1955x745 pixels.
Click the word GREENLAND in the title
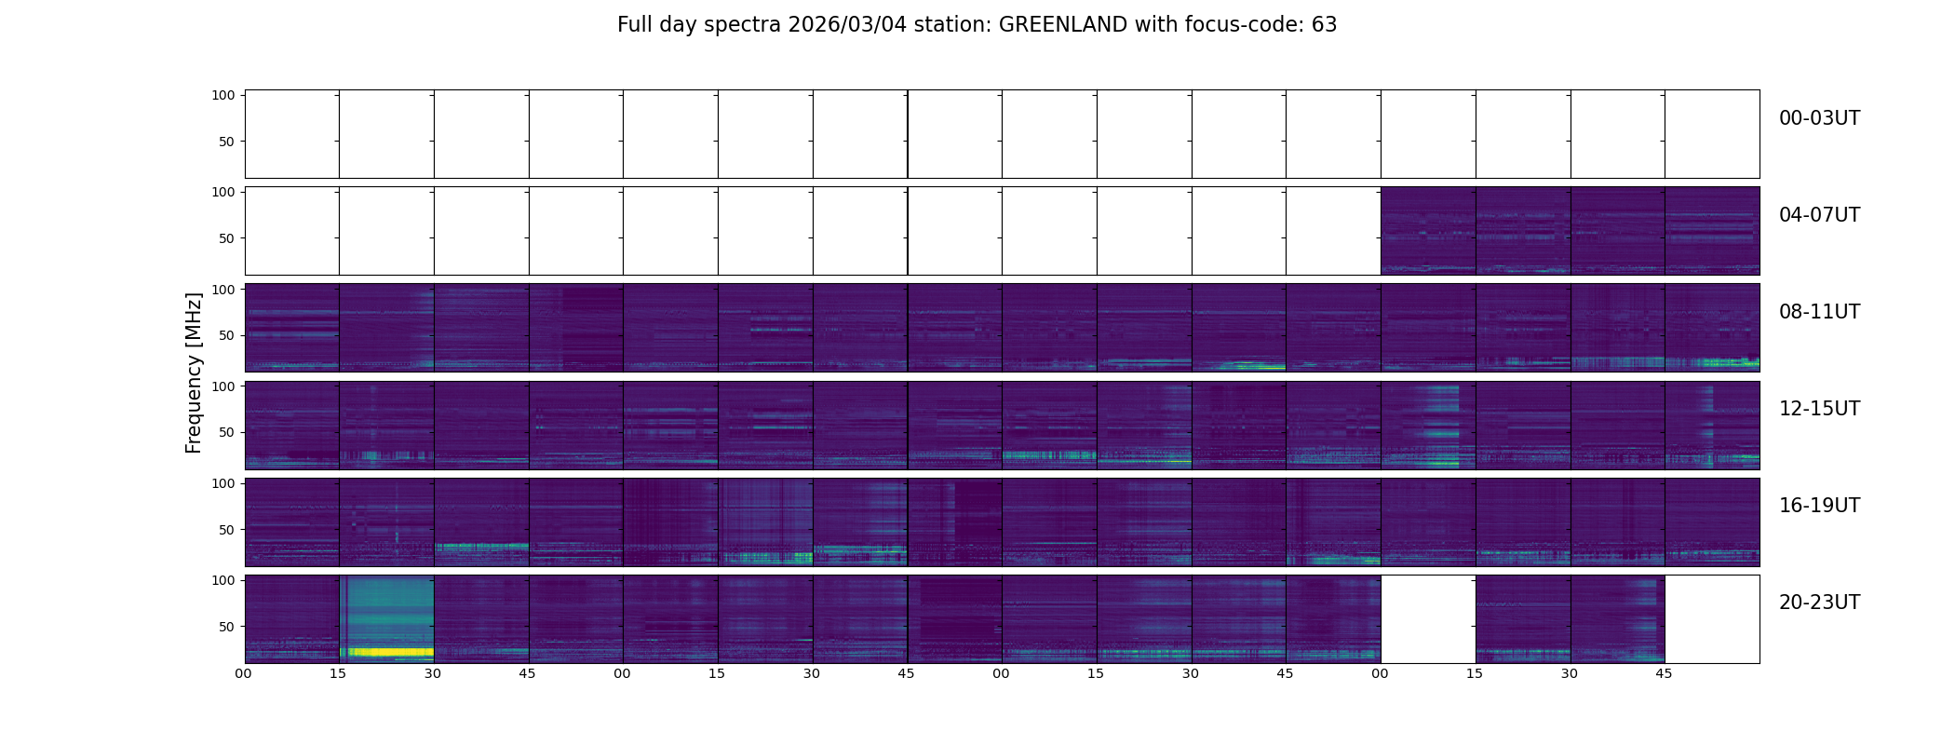tap(1062, 25)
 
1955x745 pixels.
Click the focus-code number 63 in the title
tap(1324, 25)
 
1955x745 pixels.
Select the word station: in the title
tap(959, 25)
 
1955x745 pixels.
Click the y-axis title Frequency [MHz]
tap(194, 372)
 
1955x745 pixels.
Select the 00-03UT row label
tap(1819, 118)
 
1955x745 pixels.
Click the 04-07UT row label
tap(1819, 215)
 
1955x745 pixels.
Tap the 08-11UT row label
tap(1819, 312)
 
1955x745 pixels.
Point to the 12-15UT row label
tap(1819, 409)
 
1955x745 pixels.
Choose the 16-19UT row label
tap(1819, 506)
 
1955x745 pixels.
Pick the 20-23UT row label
tap(1819, 603)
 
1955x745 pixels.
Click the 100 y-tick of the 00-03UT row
tap(223, 96)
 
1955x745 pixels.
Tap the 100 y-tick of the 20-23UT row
tap(223, 580)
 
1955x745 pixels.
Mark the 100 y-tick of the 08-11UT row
tap(223, 290)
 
